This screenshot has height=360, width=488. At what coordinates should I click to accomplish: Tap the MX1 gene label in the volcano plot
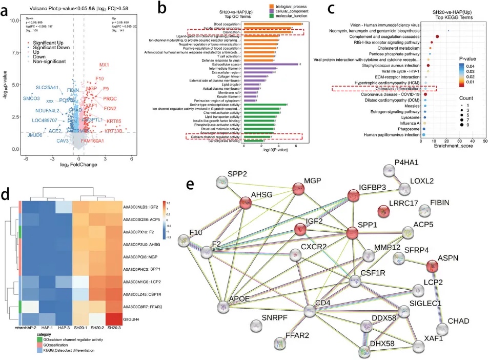point(104,65)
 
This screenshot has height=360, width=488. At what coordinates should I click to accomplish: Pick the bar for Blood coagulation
point(272,24)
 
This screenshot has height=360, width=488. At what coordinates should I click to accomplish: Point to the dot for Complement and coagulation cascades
point(437,37)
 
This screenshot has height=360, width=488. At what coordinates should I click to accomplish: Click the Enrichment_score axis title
point(447,147)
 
